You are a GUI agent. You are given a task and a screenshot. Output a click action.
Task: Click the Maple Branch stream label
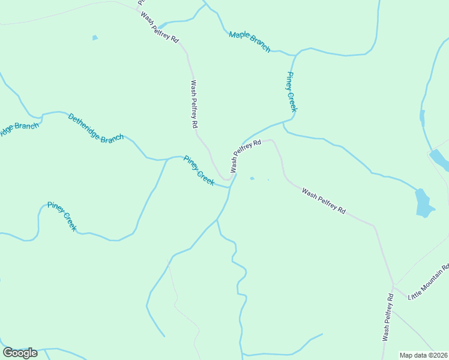tap(250, 41)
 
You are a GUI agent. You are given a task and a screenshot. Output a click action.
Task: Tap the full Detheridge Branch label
tap(96, 128)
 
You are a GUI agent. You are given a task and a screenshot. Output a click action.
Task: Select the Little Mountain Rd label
tap(429, 281)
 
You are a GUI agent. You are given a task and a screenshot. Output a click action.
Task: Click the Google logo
tap(20, 352)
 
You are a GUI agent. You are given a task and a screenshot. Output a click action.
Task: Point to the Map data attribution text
tap(423, 355)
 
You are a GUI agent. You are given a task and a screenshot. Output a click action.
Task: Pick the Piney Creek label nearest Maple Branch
tap(291, 92)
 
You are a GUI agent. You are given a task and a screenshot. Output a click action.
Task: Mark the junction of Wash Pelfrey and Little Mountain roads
tap(393, 285)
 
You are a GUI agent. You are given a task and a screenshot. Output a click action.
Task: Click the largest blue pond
tap(424, 203)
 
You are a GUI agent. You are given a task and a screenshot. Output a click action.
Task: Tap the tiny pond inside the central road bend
tap(252, 178)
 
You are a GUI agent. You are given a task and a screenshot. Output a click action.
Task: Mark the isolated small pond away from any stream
tap(95, 38)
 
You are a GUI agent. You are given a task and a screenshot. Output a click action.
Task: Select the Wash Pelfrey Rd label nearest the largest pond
tap(324, 202)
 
